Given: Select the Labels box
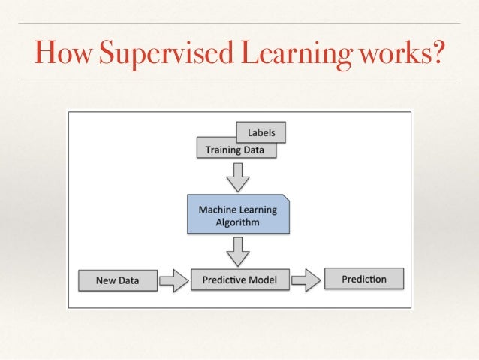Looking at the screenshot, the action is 261,133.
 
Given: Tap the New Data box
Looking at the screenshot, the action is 116,281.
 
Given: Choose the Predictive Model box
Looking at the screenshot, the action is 239,280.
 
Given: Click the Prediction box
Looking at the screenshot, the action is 364,280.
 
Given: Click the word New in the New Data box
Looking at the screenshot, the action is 106,281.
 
